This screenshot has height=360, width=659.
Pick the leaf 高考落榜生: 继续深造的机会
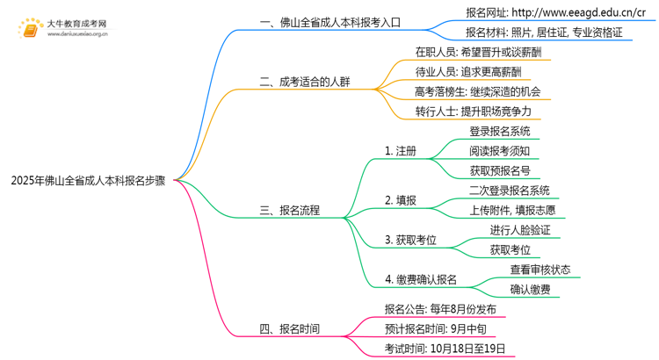[x=477, y=90]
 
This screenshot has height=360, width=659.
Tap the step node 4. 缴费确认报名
[x=421, y=280]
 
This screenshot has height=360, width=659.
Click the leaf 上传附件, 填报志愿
[x=512, y=211]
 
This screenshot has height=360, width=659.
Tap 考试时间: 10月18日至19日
[x=445, y=349]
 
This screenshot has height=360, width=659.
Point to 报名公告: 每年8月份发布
[x=440, y=310]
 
